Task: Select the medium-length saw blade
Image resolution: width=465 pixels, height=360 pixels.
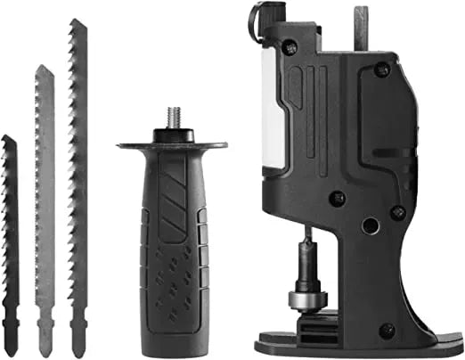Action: click(x=43, y=196)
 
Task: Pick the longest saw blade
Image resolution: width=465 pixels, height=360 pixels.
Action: click(x=77, y=178)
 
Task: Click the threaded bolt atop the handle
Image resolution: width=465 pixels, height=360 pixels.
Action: click(x=171, y=117)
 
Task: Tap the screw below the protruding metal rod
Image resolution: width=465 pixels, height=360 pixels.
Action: click(x=381, y=69)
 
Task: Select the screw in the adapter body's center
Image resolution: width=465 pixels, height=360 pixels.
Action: click(x=339, y=197)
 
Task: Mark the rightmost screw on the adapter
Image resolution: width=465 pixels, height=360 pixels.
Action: click(x=397, y=212)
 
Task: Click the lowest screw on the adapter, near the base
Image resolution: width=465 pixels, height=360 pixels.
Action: click(x=385, y=330)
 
